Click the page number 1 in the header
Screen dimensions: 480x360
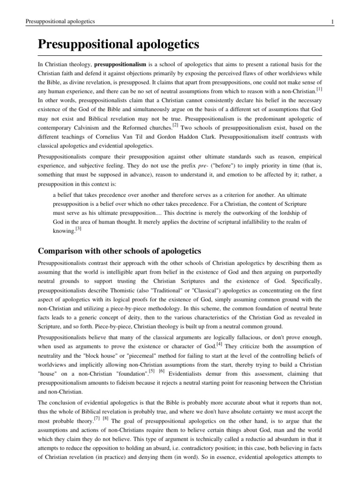click(332, 22)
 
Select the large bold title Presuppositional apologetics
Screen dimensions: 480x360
click(119, 45)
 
